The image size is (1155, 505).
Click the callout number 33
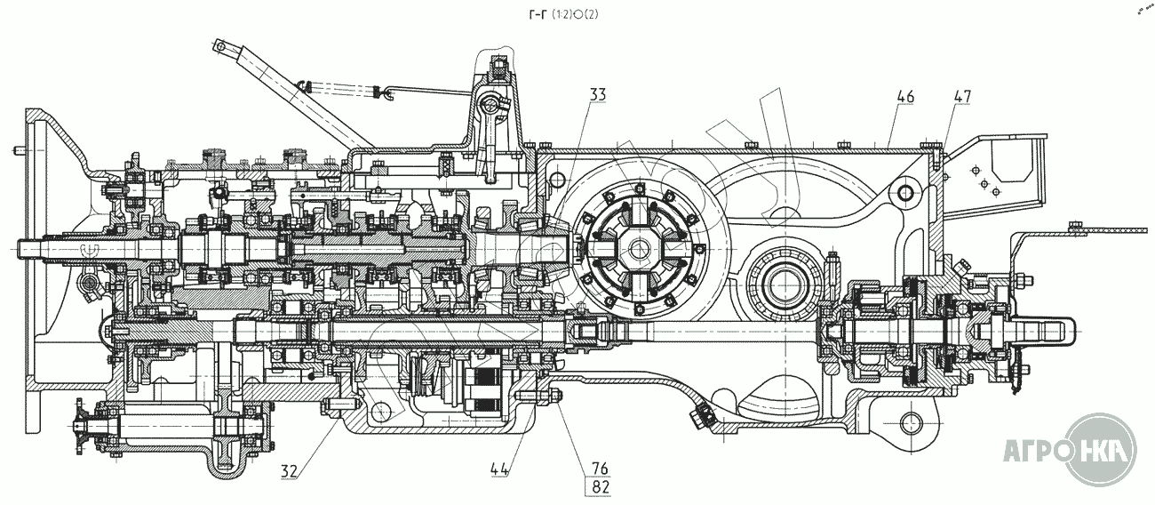click(x=596, y=93)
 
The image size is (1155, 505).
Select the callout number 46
click(x=905, y=94)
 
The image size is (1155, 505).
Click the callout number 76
click(x=597, y=469)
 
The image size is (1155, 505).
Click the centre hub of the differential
click(x=641, y=246)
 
